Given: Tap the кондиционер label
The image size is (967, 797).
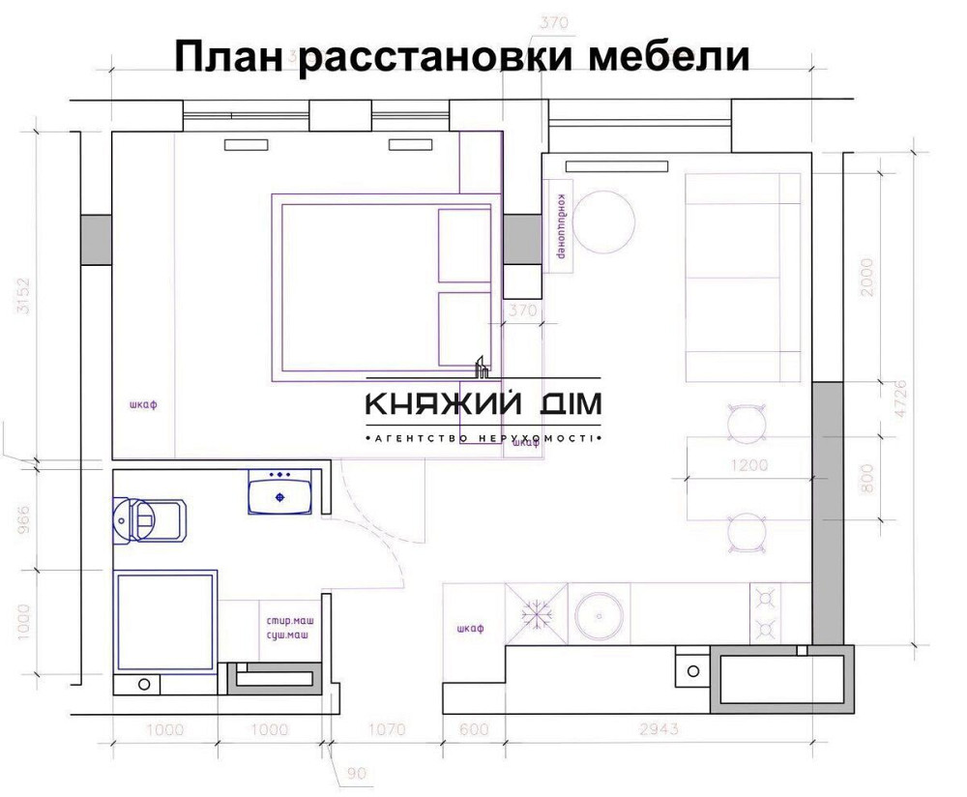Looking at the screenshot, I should [560, 225].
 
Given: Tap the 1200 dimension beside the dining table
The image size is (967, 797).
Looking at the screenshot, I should [748, 465].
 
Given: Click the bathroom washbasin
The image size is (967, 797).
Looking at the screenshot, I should [279, 492].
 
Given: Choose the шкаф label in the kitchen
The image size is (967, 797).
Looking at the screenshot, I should [469, 629].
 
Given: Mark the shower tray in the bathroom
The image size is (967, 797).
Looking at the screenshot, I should [165, 621].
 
